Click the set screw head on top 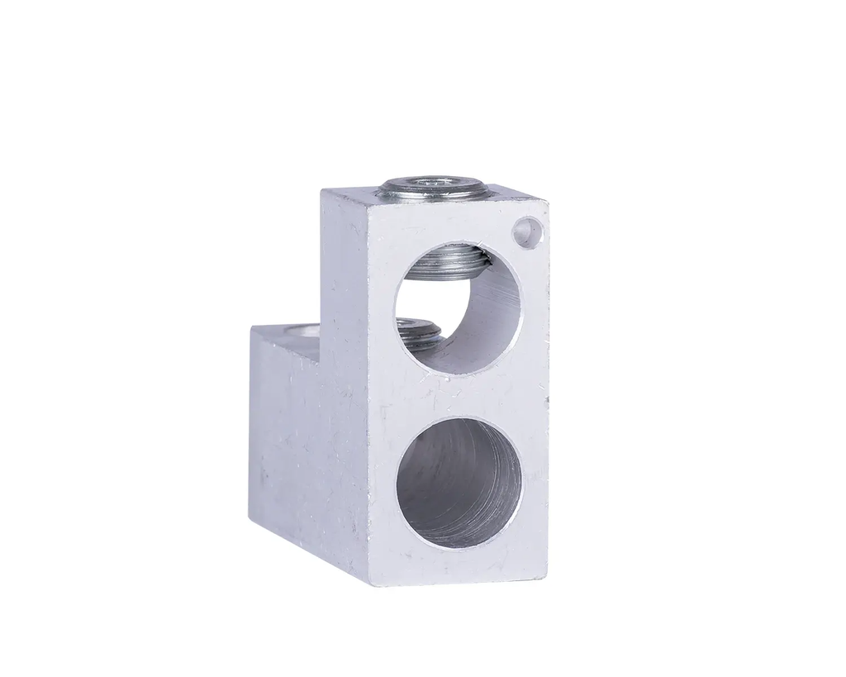point(430,188)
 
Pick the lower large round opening point(459,482)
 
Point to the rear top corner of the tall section point(321,190)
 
